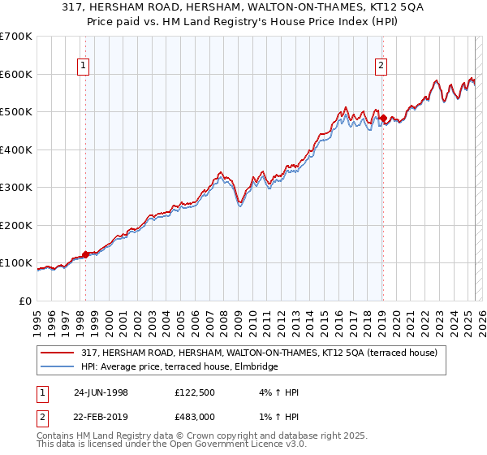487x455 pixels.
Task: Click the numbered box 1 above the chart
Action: pyautogui.click(x=84, y=67)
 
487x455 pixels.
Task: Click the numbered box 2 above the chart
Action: pyautogui.click(x=381, y=67)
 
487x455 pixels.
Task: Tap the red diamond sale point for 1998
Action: pyautogui.click(x=86, y=254)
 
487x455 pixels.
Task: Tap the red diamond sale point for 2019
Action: pyautogui.click(x=383, y=119)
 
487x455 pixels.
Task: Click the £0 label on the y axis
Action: pyautogui.click(x=25, y=301)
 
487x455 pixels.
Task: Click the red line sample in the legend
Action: pyautogui.click(x=57, y=353)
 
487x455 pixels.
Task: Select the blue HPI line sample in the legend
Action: pyautogui.click(x=57, y=367)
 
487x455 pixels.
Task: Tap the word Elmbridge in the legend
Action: pyautogui.click(x=256, y=367)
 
